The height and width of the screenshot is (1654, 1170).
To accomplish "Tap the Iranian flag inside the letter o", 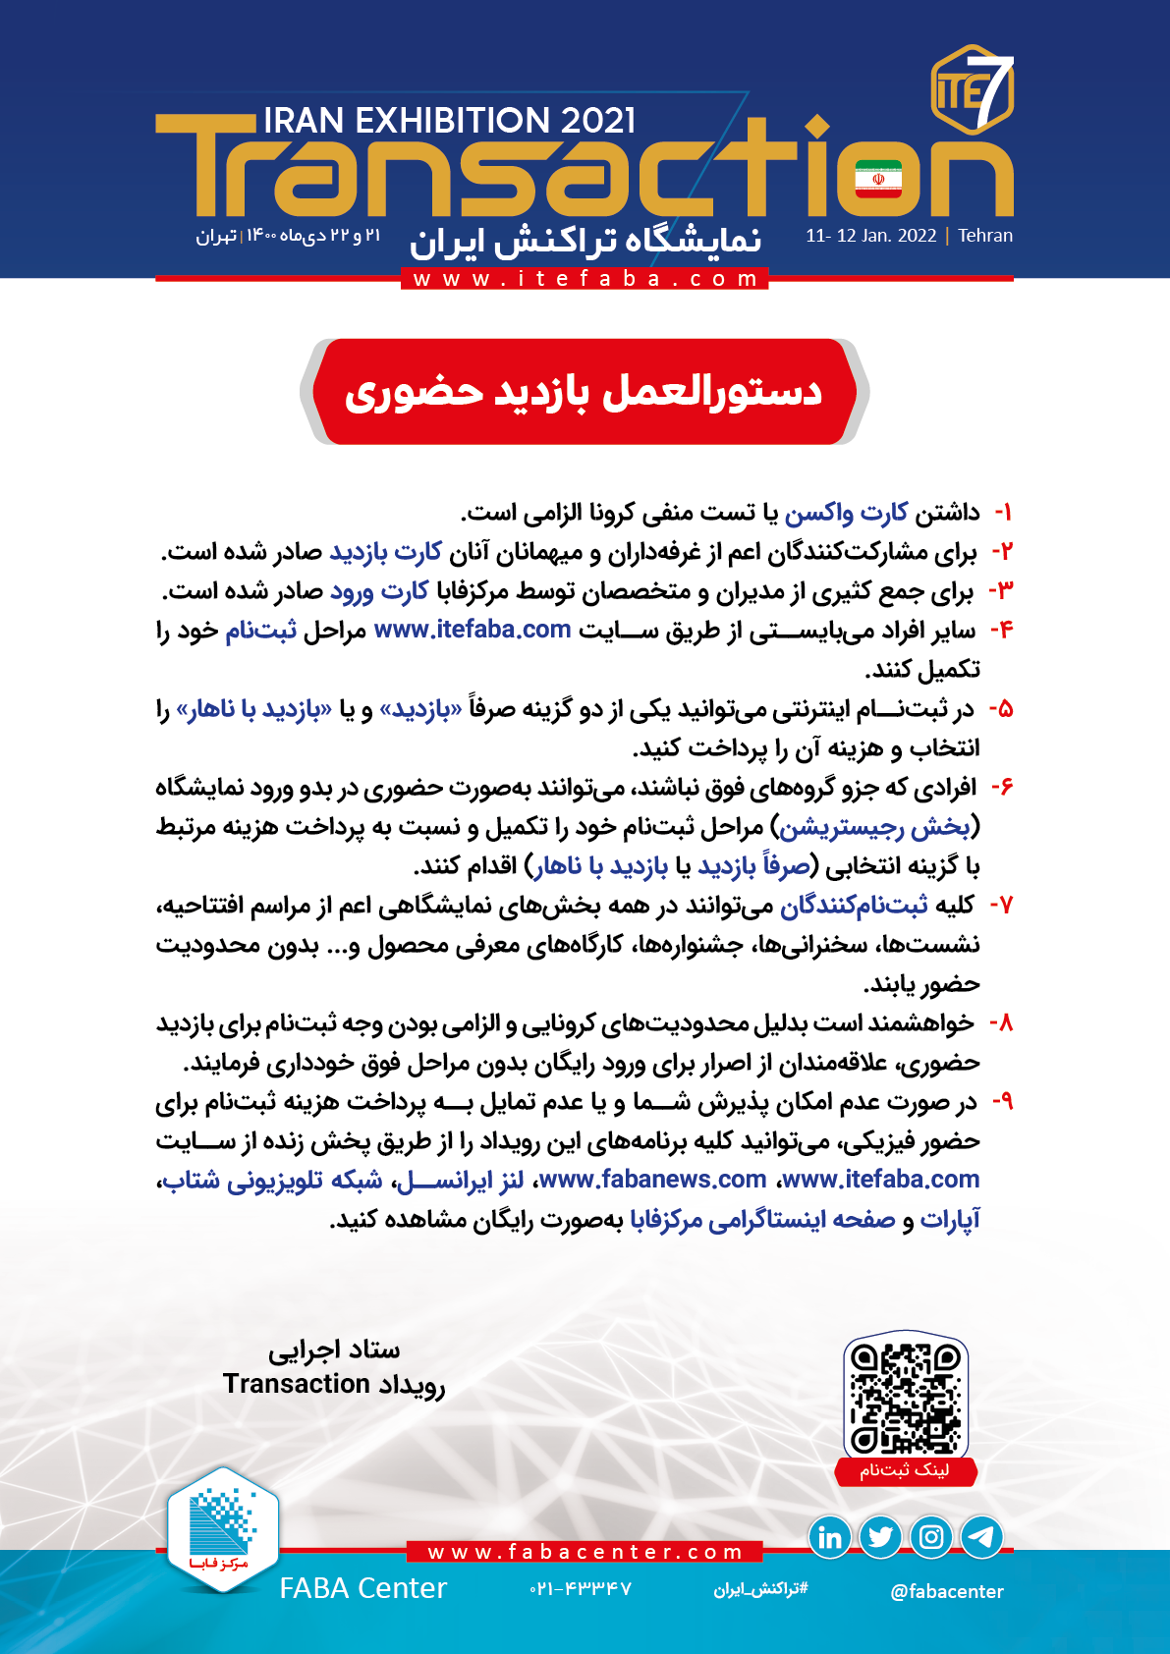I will tap(878, 179).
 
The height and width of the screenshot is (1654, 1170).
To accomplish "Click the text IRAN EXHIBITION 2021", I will tap(450, 121).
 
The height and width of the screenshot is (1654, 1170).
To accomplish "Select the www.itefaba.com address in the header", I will tap(585, 279).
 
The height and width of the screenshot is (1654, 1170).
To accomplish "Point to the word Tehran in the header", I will tap(985, 236).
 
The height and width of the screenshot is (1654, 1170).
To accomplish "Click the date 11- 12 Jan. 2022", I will tap(870, 236).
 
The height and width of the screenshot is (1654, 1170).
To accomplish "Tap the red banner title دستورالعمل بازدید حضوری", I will tap(584, 392).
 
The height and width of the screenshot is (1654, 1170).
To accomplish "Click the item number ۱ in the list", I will tap(1003, 513).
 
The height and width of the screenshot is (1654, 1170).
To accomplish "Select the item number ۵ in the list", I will tap(1001, 709).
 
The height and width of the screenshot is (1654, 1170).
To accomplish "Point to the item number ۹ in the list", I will tap(1002, 1102).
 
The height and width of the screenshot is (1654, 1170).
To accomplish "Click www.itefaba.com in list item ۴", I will tap(473, 630).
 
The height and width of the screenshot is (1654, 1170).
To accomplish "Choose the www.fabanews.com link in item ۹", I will tap(652, 1180).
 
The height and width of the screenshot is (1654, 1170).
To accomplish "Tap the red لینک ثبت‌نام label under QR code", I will tap(905, 1470).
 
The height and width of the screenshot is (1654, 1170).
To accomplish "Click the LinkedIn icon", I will tap(830, 1537).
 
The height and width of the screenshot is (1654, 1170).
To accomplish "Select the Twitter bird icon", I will tap(880, 1537).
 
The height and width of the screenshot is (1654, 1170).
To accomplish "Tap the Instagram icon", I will tap(931, 1537).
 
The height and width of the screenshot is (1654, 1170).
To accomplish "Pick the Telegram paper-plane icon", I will tap(981, 1537).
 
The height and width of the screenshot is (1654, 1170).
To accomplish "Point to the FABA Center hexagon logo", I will tap(222, 1527).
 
